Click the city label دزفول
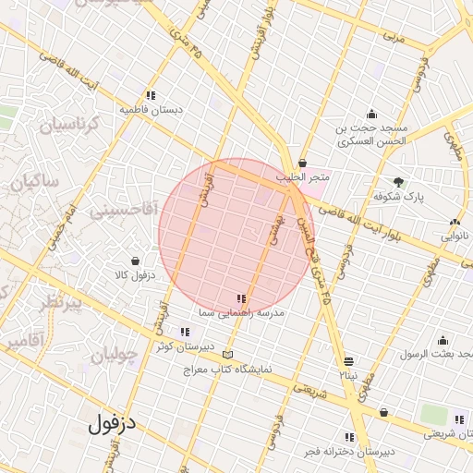[x=113, y=425]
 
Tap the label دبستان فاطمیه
[x=151, y=109]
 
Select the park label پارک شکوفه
[x=397, y=197]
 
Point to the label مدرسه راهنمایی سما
[x=240, y=314]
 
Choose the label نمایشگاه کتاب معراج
[x=227, y=369]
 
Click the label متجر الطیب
[x=302, y=176]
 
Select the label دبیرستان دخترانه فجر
[x=350, y=452]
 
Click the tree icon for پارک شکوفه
[x=398, y=182]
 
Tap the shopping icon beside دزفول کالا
[x=136, y=261]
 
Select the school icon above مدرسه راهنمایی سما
[x=241, y=298]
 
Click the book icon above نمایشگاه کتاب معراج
[x=227, y=355]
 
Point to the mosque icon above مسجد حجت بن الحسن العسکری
[x=371, y=113]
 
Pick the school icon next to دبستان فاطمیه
[x=151, y=94]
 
